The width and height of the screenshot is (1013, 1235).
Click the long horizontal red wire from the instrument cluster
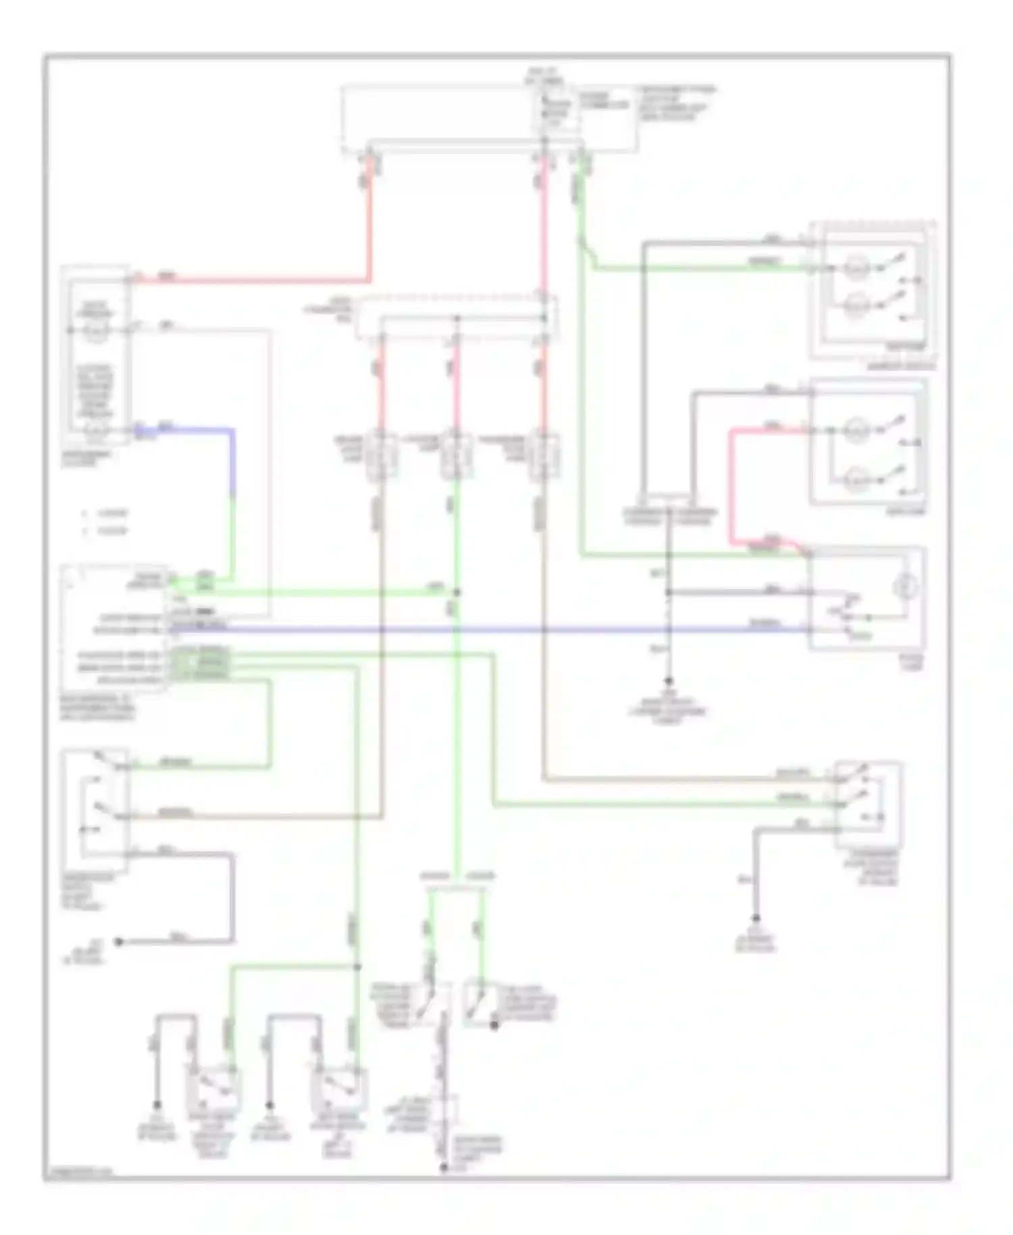257,280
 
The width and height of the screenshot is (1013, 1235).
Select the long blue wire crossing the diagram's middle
473,630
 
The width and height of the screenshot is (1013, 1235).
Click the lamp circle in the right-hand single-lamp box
902,587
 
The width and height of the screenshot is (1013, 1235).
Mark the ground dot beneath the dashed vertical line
669,681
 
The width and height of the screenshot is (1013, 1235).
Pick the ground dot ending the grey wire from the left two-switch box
119,941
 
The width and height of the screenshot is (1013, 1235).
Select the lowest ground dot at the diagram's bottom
444,1167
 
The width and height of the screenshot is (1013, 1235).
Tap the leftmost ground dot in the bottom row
157,1105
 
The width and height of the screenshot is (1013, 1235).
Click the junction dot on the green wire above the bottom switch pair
357,967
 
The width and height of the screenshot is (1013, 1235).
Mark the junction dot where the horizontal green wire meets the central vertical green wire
457,593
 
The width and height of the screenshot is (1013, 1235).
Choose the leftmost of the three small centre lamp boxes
381,457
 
